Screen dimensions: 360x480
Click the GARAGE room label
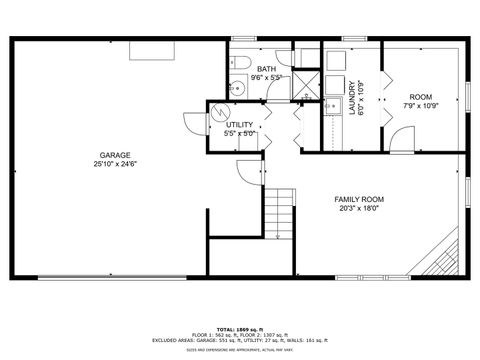pyautogui.click(x=114, y=154)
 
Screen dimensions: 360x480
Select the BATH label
pyautogui.click(x=265, y=67)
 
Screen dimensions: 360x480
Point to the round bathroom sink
pyautogui.click(x=238, y=89)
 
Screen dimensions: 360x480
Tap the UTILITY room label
pyautogui.click(x=240, y=124)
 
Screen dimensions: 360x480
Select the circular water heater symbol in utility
pyautogui.click(x=221, y=112)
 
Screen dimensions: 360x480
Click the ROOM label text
pyautogui.click(x=420, y=96)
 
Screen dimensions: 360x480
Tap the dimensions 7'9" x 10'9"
pyautogui.click(x=420, y=105)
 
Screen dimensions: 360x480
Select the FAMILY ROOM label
pyautogui.click(x=359, y=199)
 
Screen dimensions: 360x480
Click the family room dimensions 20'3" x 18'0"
pyautogui.click(x=359, y=208)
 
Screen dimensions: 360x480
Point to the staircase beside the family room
pyautogui.click(x=281, y=209)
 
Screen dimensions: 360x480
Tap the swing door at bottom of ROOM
pyautogui.click(x=398, y=138)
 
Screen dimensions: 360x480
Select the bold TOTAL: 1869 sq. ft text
pyautogui.click(x=239, y=326)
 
